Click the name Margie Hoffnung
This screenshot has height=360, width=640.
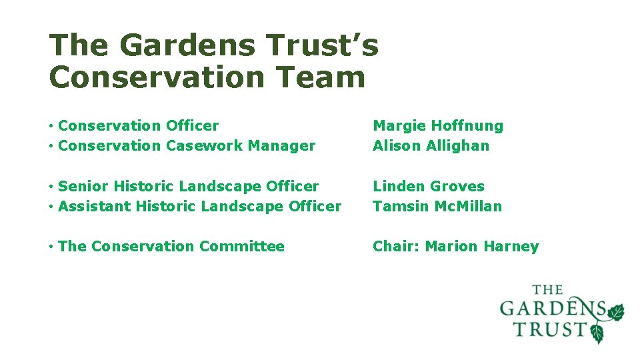(438, 125)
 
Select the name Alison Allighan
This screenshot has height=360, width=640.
(431, 145)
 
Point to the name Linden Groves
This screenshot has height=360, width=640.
(428, 186)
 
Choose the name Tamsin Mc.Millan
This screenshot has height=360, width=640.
(437, 206)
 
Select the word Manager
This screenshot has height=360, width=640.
(286, 145)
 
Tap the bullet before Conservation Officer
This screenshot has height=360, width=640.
(51, 126)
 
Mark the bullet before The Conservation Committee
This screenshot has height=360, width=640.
(51, 247)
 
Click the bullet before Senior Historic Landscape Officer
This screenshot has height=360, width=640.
(51, 187)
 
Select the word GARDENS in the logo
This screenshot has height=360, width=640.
(552, 309)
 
